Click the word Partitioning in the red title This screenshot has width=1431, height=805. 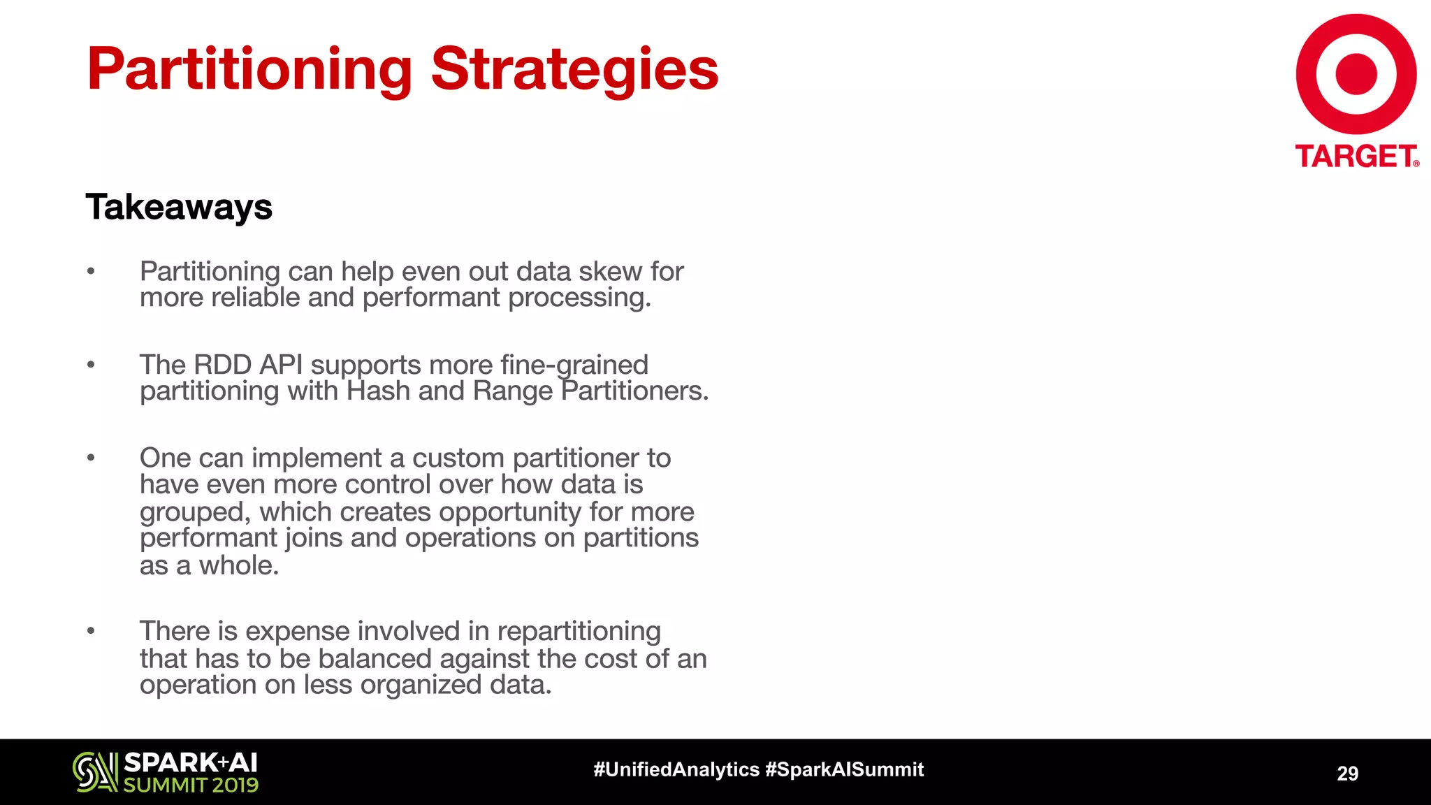pos(249,70)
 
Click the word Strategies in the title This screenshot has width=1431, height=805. pos(574,70)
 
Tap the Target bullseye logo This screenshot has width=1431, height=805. pos(1356,74)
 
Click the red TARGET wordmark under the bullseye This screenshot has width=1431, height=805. pos(1356,157)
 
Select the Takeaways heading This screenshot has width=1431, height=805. pos(179,208)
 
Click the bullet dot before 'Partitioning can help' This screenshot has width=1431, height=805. pos(91,271)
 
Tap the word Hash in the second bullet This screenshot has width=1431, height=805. pos(378,391)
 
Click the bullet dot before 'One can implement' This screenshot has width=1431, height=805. pos(91,458)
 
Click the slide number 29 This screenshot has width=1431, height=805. pos(1347,773)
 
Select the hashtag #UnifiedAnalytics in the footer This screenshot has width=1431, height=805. pos(676,769)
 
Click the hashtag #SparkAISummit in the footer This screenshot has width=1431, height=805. pos(844,769)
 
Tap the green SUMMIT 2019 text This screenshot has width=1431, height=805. pos(191,785)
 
